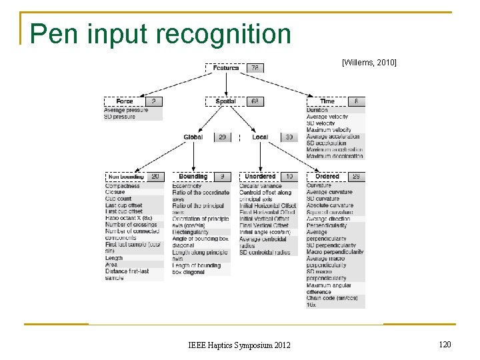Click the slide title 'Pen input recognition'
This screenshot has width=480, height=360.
tap(160, 33)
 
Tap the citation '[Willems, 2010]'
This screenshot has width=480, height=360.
tap(369, 63)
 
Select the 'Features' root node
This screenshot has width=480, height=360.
tap(227, 68)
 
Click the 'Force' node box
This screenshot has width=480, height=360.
tap(125, 101)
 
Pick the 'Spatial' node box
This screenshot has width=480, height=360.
tap(226, 101)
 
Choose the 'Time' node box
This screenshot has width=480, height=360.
tap(327, 101)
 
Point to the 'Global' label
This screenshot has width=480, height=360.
tap(193, 137)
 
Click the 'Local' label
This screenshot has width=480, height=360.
tap(260, 137)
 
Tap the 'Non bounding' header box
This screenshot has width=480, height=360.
tap(125, 177)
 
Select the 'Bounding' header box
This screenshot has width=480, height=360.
tap(193, 177)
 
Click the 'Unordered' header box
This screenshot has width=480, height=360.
tap(260, 177)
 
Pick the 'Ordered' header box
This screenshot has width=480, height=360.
tap(327, 177)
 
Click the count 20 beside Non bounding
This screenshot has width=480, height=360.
tap(155, 177)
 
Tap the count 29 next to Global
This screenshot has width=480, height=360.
tap(223, 137)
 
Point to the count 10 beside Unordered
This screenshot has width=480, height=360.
tap(289, 177)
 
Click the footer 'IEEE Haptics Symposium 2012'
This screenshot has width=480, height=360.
tap(239, 345)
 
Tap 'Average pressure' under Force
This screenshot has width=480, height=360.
tap(127, 110)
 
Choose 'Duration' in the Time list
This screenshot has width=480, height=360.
tap(317, 110)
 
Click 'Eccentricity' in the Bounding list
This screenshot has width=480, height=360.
tap(187, 186)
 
